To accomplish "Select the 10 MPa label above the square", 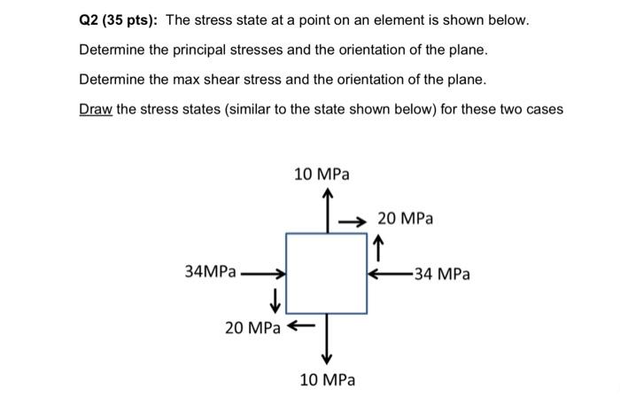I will pyautogui.click(x=321, y=175).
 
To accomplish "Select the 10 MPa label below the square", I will pyautogui.click(x=327, y=379).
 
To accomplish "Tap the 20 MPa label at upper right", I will pyautogui.click(x=405, y=218).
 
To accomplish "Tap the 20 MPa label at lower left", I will pyautogui.click(x=252, y=328).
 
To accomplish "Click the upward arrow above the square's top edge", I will pyautogui.click(x=327, y=211).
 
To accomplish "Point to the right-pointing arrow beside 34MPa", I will pyautogui.click(x=263, y=274).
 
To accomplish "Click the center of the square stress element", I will pyautogui.click(x=327, y=273).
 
